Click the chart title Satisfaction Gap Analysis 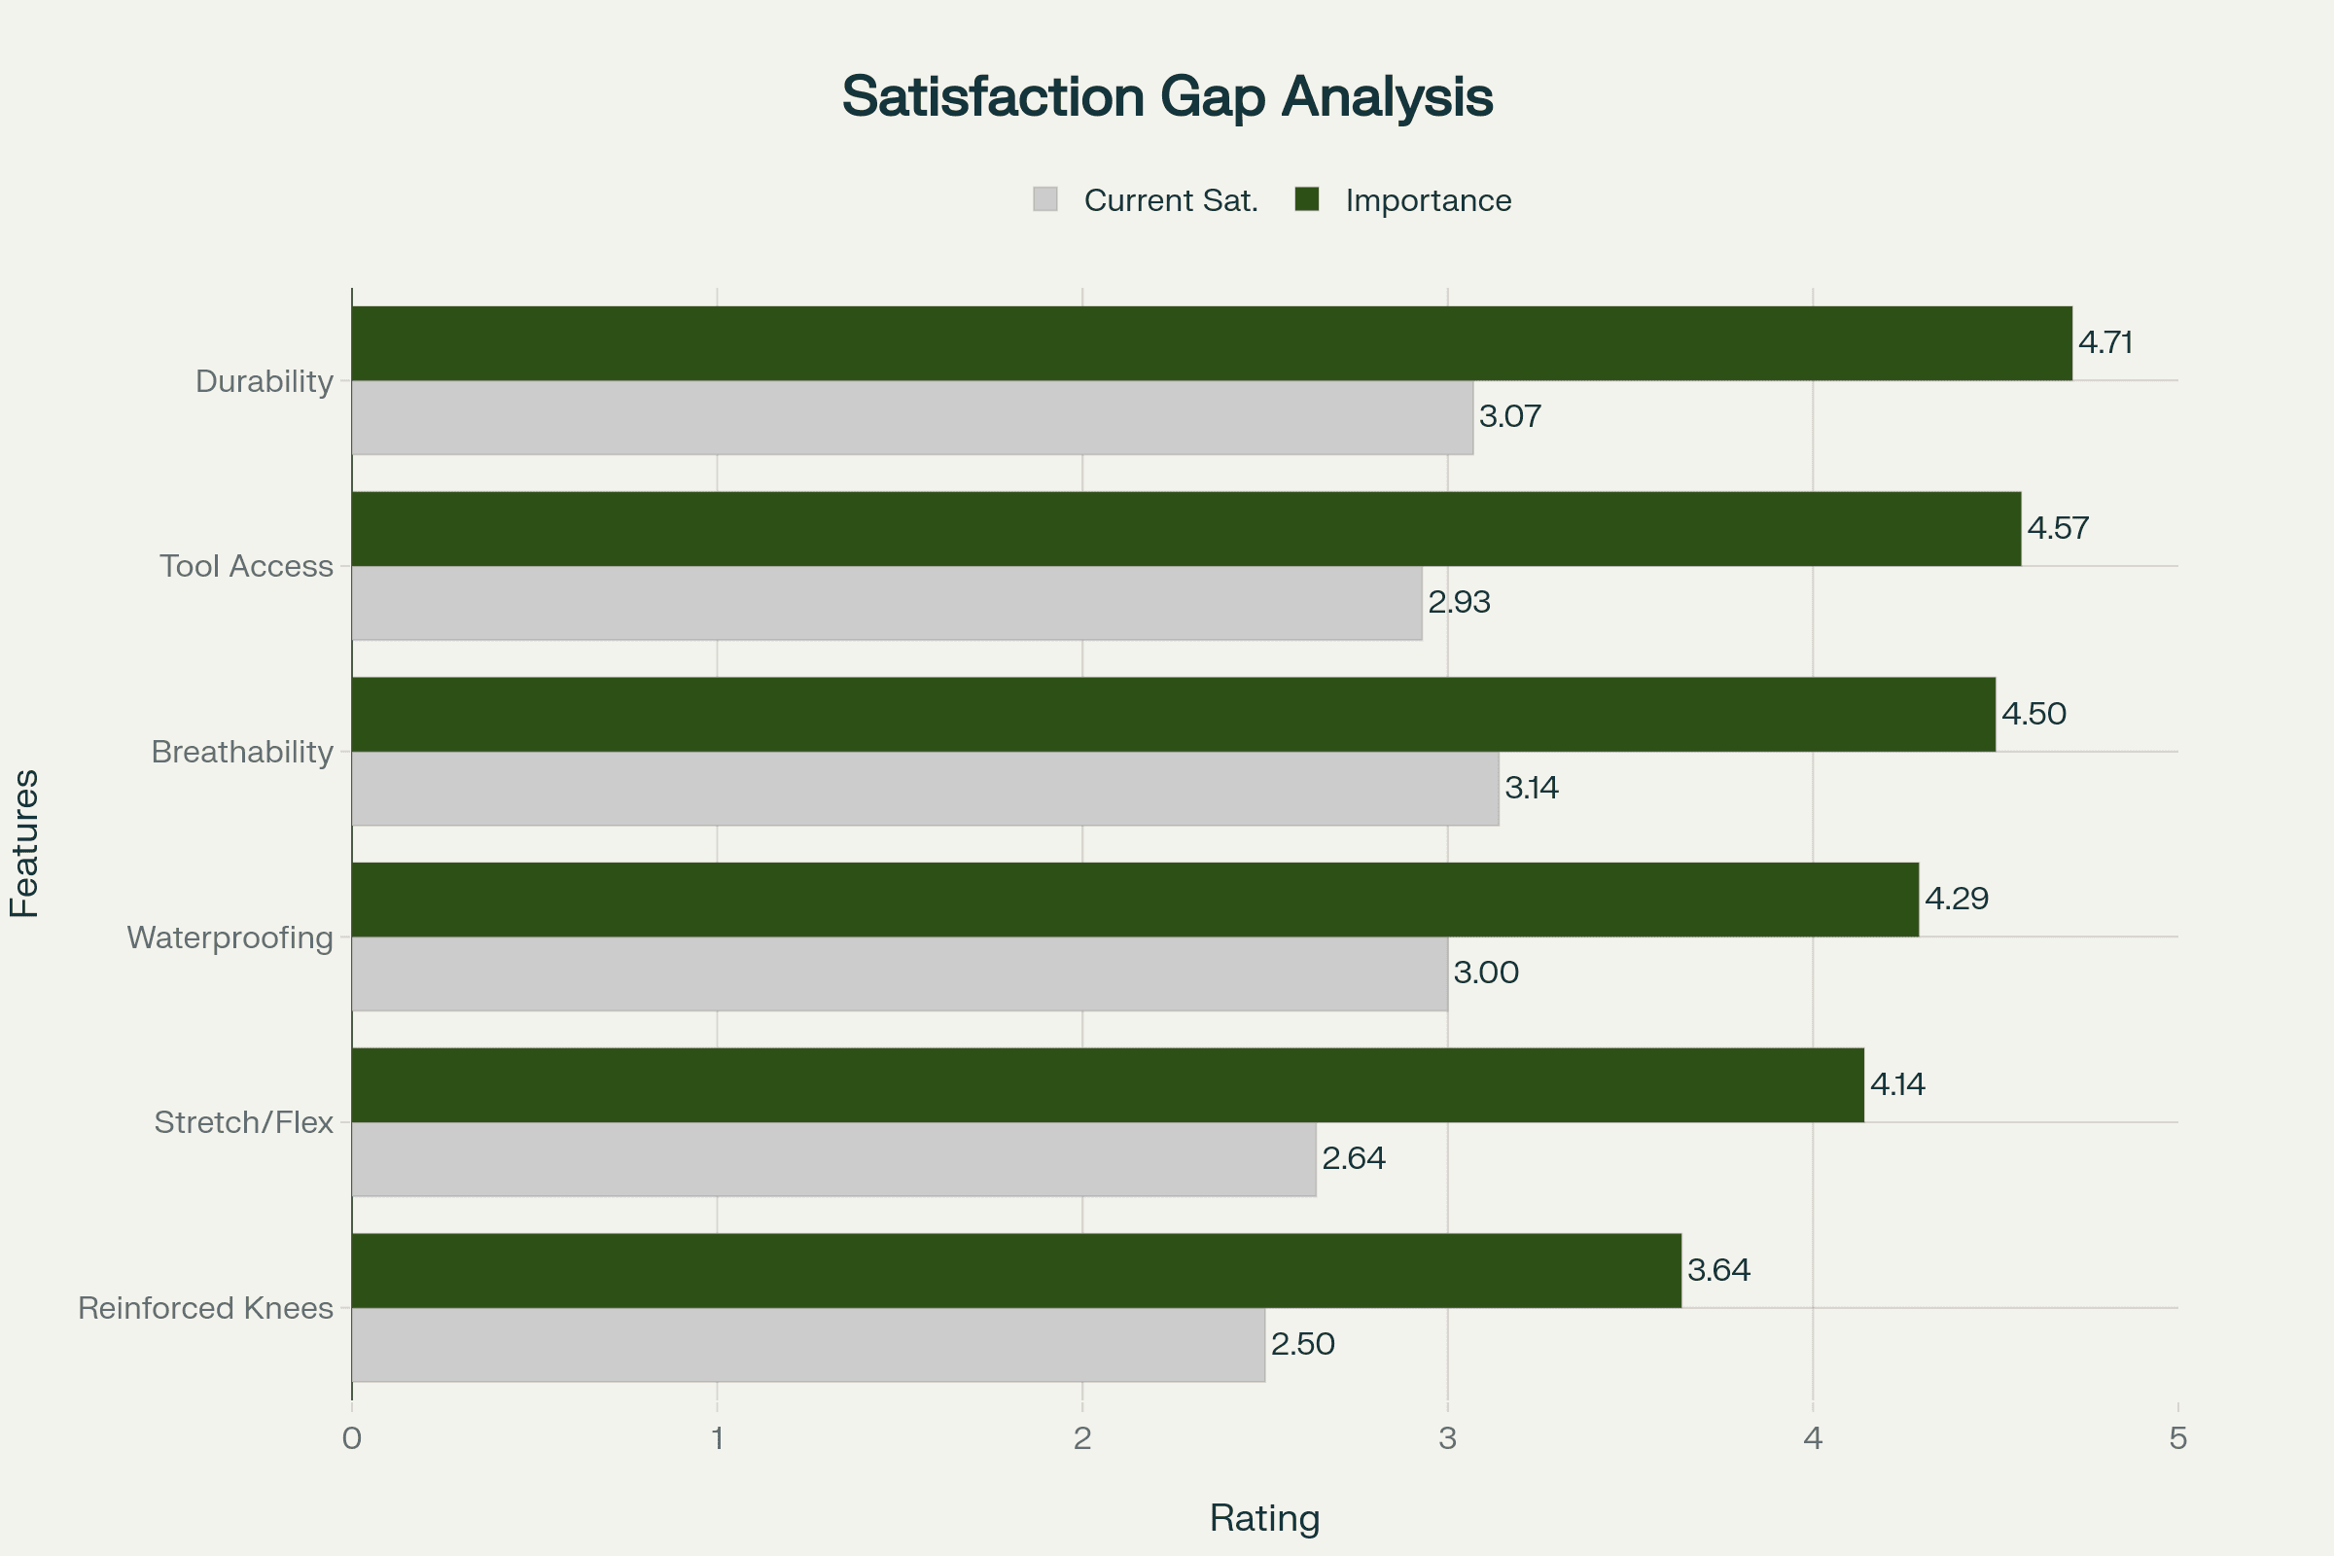pyautogui.click(x=1167, y=97)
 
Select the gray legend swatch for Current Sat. pyautogui.click(x=1044, y=199)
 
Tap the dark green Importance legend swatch pyautogui.click(x=1307, y=199)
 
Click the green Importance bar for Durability pyautogui.click(x=1211, y=343)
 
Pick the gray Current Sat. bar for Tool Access pyautogui.click(x=886, y=603)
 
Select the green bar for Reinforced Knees pyautogui.click(x=1016, y=1270)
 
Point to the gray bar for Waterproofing pyautogui.click(x=899, y=973)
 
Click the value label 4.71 pyautogui.click(x=2104, y=342)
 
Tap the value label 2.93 pyautogui.click(x=1459, y=602)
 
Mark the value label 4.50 pyautogui.click(x=2033, y=714)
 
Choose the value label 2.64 pyautogui.click(x=1354, y=1158)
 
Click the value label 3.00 pyautogui.click(x=1486, y=972)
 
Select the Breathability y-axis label pyautogui.click(x=242, y=752)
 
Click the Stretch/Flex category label pyautogui.click(x=244, y=1122)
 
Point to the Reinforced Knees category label pyautogui.click(x=205, y=1308)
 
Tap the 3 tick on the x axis pyautogui.click(x=1448, y=1438)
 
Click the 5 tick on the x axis pyautogui.click(x=2178, y=1438)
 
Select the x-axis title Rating pyautogui.click(x=1264, y=1518)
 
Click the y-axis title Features pyautogui.click(x=25, y=843)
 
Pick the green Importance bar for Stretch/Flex pyautogui.click(x=1108, y=1084)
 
